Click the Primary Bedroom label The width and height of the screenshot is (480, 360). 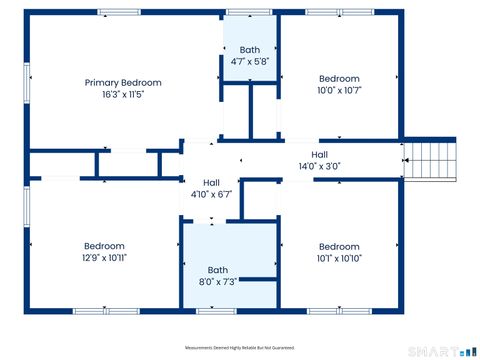click(x=123, y=82)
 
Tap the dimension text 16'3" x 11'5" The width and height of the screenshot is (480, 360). click(x=123, y=95)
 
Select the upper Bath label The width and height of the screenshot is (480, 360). click(x=249, y=49)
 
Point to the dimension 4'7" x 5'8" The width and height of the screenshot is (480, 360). click(x=249, y=61)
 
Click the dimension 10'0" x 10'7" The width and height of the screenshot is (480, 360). click(x=339, y=91)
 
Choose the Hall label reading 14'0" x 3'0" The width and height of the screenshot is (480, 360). click(x=319, y=154)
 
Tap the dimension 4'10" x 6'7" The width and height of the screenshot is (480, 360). click(x=211, y=194)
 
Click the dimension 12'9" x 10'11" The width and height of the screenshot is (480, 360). click(x=104, y=258)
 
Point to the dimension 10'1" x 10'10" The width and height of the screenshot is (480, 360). click(x=339, y=259)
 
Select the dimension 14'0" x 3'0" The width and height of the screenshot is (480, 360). click(x=319, y=166)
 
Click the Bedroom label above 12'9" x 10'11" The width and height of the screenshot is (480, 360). click(x=104, y=246)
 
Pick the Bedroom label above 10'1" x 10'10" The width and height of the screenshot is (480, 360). click(x=339, y=246)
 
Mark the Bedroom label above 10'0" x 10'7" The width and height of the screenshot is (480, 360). click(x=339, y=78)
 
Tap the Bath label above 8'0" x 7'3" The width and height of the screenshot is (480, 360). click(x=217, y=270)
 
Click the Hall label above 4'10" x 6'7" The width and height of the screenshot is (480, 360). click(x=211, y=182)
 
